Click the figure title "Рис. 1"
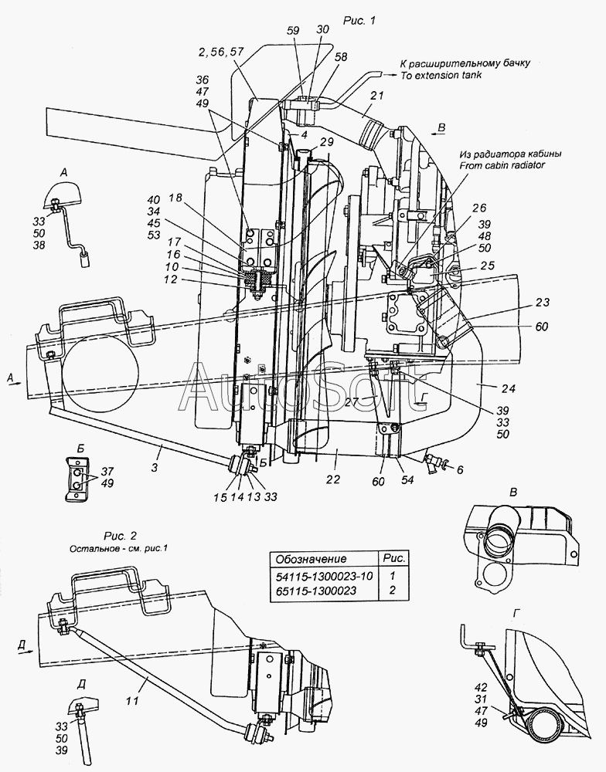coord(359,20)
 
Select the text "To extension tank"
coord(441,76)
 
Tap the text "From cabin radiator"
coord(502,165)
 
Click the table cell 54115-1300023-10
coord(324,576)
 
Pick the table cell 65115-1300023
coord(315,591)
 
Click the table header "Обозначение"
coord(311,559)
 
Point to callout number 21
coord(376,96)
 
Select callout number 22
coord(333,479)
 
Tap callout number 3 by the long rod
coord(155,467)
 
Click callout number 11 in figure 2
coord(133,700)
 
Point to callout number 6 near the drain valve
coord(460,469)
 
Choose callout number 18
coord(175,198)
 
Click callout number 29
coord(326,142)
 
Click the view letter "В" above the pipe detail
coord(513,493)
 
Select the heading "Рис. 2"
coord(121,537)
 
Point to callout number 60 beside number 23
coord(541,327)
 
